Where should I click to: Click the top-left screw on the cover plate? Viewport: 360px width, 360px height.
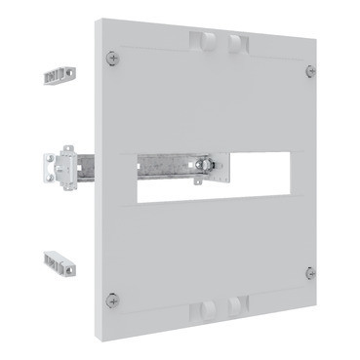119,59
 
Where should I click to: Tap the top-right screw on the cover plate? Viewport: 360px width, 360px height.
309,70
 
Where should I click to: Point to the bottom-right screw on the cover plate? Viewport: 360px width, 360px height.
309,271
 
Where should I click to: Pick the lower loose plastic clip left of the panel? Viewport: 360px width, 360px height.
59,262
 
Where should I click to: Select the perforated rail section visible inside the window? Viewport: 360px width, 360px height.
161,167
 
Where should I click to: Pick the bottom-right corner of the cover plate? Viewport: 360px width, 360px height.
317,294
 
